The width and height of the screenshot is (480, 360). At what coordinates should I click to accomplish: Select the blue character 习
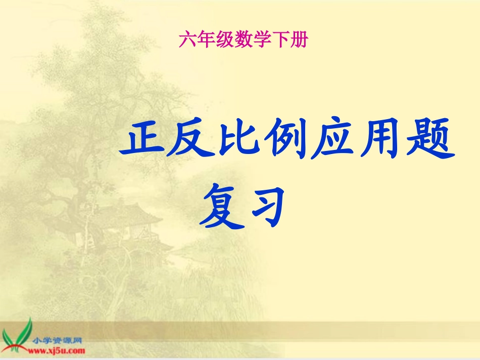pos(264,207)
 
